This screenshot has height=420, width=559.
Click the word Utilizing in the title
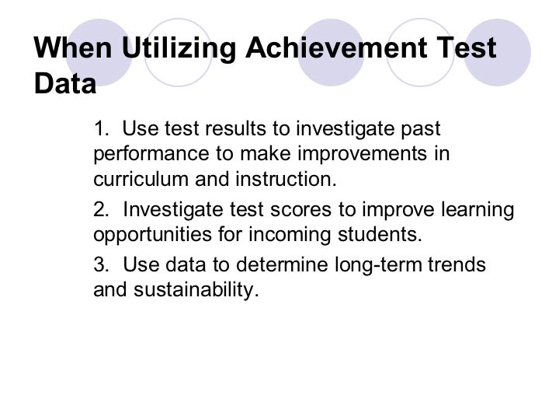click(179, 48)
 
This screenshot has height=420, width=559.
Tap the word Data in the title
click(65, 83)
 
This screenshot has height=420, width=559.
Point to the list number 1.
click(101, 128)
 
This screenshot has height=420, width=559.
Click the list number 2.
click(101, 209)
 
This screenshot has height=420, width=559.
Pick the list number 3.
click(101, 264)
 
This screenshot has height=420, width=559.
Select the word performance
click(151, 155)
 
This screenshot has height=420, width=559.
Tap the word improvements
click(363, 154)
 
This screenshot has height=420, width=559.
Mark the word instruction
click(286, 179)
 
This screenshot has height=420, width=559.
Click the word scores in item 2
click(301, 210)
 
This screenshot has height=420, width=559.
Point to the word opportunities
click(153, 236)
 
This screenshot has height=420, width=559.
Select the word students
click(380, 234)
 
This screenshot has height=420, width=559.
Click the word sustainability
click(196, 290)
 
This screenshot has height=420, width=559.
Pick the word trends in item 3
click(457, 264)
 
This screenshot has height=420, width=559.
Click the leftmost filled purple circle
click(99, 53)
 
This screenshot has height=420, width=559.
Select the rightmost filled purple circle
click(498, 53)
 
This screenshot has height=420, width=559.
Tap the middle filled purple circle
click(331, 53)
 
